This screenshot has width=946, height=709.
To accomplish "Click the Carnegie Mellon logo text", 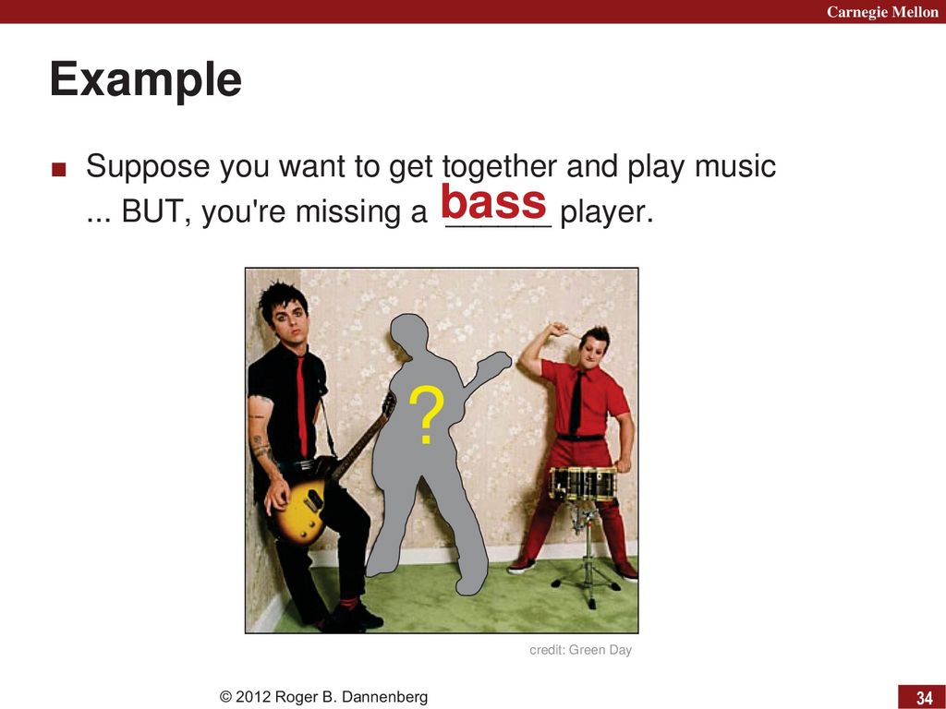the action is (882, 11).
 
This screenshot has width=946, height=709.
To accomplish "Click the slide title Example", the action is (146, 79).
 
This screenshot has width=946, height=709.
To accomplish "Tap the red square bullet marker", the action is (58, 169).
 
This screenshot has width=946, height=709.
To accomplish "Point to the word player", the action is (606, 212).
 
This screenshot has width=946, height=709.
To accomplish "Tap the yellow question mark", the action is (427, 415).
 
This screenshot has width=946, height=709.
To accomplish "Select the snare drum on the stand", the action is (582, 484).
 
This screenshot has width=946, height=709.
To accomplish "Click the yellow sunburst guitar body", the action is (300, 510).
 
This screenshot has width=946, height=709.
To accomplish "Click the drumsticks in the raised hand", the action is (567, 331).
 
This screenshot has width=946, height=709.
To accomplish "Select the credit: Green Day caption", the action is (580, 650).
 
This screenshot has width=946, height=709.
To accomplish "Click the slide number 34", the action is (924, 698).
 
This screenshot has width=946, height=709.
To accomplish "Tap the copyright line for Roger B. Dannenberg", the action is (324, 697).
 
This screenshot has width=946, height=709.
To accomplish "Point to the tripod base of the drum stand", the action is (586, 583).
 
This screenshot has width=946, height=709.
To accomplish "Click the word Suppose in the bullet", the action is (148, 167).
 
